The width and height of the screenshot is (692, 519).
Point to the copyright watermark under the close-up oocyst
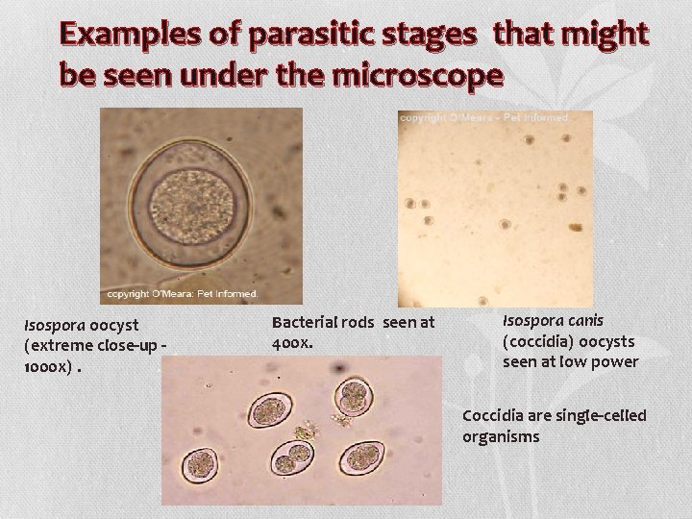click(182, 292)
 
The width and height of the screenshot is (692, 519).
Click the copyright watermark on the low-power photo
click(484, 117)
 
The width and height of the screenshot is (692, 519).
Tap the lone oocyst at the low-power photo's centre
click(504, 224)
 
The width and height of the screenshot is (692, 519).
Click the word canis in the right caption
click(581, 319)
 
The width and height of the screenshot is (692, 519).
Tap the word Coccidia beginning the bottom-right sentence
click(492, 415)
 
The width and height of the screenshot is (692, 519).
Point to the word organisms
click(501, 435)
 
